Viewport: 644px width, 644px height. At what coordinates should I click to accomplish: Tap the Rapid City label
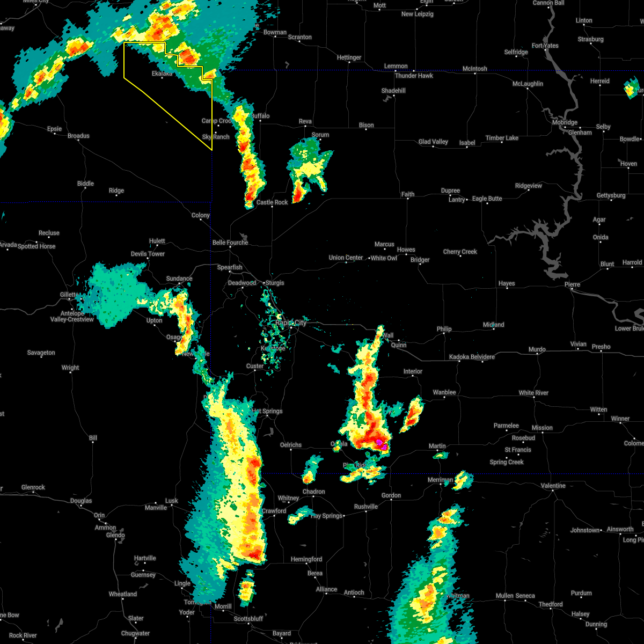(291, 323)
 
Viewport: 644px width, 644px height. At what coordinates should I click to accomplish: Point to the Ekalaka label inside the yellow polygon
(162, 74)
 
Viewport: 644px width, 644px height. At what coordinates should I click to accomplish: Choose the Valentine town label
(553, 486)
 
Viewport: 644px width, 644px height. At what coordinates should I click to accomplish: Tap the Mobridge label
(564, 122)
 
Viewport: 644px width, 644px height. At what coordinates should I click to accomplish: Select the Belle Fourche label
(230, 243)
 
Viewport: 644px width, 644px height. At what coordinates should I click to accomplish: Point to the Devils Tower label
(148, 254)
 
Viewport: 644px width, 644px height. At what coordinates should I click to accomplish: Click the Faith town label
(408, 194)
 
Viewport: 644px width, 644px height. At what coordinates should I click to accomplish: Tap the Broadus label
(78, 136)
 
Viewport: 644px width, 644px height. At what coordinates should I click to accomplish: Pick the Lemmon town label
(396, 66)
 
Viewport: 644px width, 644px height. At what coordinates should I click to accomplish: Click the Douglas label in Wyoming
(81, 501)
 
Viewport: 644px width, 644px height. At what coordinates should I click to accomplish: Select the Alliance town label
(326, 589)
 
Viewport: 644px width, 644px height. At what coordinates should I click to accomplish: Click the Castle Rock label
(272, 202)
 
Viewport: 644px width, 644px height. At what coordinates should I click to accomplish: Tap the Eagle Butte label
(487, 199)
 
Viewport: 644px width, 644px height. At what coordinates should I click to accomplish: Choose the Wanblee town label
(444, 392)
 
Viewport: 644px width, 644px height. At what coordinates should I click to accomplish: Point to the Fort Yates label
(545, 46)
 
